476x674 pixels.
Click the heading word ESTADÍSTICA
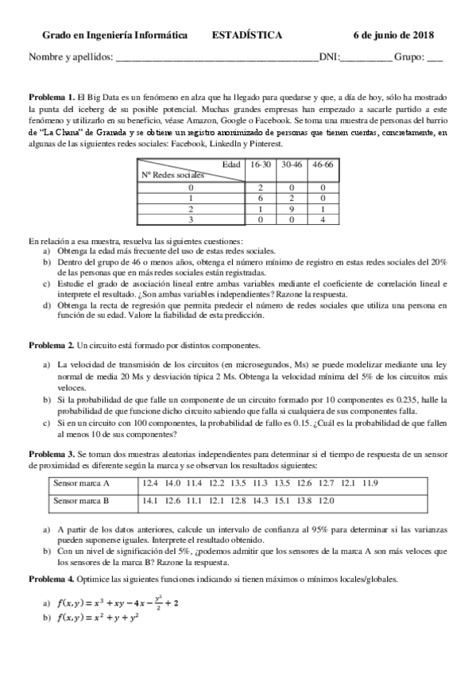[246, 36]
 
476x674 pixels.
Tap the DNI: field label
[328, 57]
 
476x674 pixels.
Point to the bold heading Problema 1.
[52, 95]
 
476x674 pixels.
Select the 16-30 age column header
[260, 164]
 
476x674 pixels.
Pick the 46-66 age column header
[323, 164]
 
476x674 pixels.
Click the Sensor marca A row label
[81, 482]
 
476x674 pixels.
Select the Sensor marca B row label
[81, 501]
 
